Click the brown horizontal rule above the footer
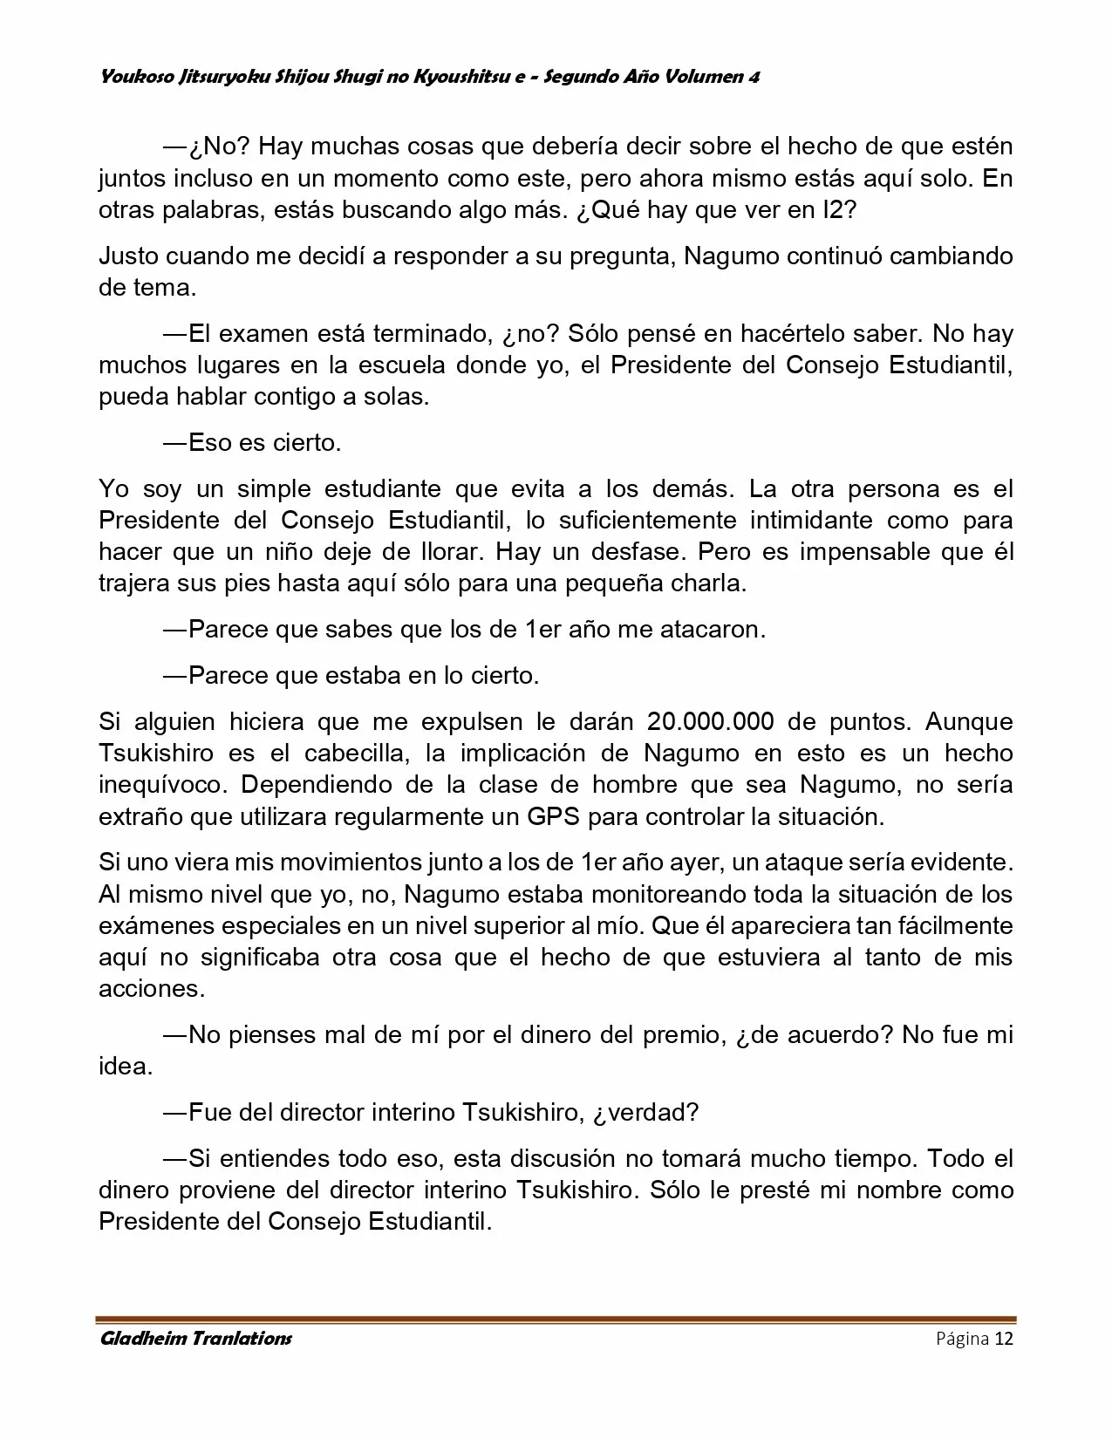tap(556, 1319)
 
